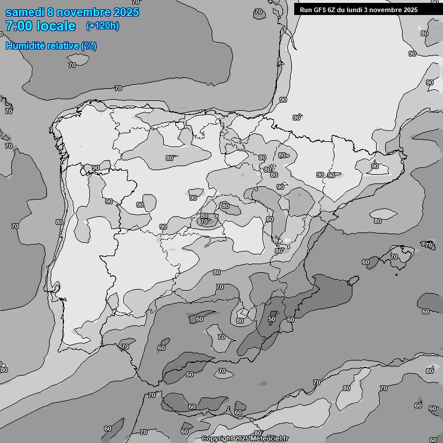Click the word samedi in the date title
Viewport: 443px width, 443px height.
25,12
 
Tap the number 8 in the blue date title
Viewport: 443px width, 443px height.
52,12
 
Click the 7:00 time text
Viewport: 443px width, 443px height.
22,26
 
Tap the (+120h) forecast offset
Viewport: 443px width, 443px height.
103,26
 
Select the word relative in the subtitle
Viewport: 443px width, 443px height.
64,45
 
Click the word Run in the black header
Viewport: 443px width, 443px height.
306,10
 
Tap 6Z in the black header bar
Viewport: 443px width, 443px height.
334,10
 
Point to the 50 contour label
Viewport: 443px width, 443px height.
272,319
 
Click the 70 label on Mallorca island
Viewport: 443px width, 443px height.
394,257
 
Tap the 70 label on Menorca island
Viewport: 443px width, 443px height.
429,245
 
